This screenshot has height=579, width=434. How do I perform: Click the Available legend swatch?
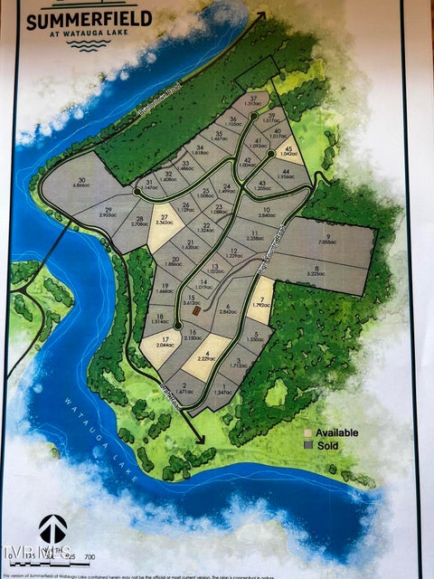tap(307, 433)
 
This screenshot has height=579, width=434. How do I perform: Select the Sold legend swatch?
tap(307, 446)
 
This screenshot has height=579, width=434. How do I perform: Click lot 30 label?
tap(82, 184)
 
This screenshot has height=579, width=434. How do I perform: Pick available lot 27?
tap(165, 220)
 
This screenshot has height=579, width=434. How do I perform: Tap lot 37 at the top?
tap(254, 100)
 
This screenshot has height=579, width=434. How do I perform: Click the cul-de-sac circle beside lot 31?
tap(137, 191)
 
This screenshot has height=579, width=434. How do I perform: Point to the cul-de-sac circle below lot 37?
tap(253, 116)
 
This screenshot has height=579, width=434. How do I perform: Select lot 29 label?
tap(108, 213)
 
